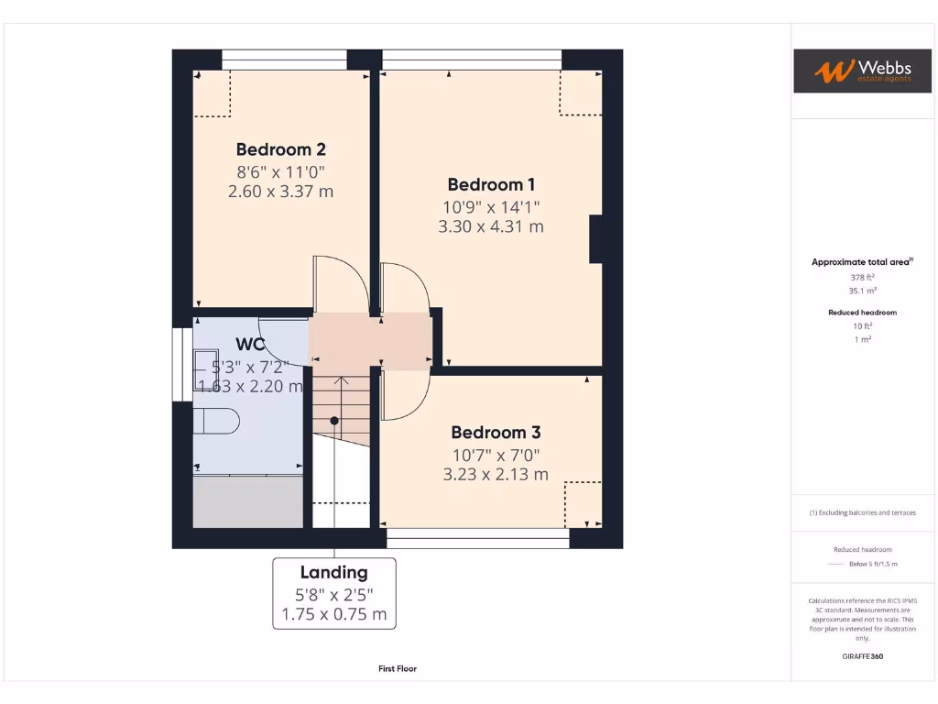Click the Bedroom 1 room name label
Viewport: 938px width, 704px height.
[491, 184]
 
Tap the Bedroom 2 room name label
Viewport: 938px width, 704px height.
[280, 149]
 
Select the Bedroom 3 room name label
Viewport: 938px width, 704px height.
[496, 433]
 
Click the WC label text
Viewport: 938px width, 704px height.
[250, 345]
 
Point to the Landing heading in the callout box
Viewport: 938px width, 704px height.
[333, 573]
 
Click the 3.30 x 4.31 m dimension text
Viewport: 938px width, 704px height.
[491, 225]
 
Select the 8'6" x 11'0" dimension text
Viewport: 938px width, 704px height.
[280, 171]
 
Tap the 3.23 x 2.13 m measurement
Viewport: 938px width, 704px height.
[496, 474]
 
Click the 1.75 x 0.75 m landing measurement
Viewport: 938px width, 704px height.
[333, 614]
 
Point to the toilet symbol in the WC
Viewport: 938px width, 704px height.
[218, 421]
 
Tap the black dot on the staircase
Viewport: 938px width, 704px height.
[334, 421]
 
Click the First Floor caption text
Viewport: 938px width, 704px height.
[398, 669]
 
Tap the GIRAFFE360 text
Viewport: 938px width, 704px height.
[862, 656]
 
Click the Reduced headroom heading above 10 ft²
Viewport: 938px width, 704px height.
[862, 313]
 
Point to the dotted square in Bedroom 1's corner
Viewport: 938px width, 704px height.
[581, 93]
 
